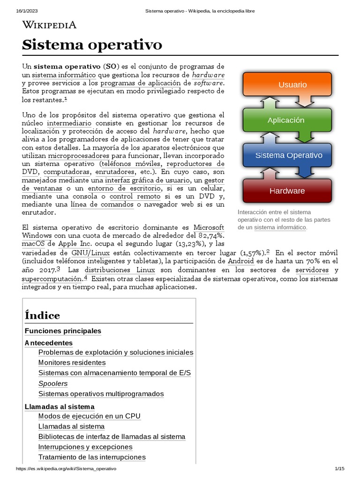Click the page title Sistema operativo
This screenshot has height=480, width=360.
point(92,45)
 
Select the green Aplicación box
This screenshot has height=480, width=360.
point(285,120)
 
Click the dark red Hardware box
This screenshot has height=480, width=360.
point(287,191)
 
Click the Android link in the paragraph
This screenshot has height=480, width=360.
point(241,261)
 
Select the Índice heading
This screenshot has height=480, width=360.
point(42,315)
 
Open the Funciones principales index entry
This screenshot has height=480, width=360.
point(63,331)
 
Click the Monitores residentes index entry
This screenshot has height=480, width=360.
point(72,362)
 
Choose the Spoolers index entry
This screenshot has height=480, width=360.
point(53,383)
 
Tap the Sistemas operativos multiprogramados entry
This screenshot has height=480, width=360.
point(101,394)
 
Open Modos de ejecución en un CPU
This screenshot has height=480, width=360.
point(89,416)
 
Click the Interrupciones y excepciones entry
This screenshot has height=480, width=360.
point(85,447)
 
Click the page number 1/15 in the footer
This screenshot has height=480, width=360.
point(339,469)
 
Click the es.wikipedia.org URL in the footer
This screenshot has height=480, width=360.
point(66,469)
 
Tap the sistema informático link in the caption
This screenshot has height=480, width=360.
point(280,227)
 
